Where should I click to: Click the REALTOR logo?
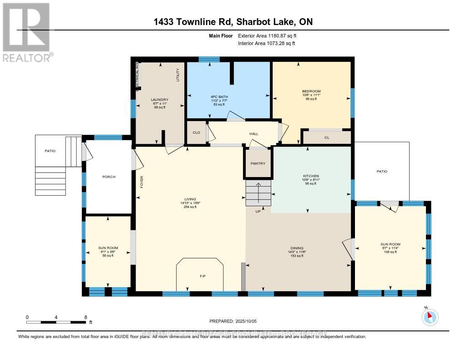pyautogui.click(x=27, y=32)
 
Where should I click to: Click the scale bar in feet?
pyautogui.click(x=56, y=322)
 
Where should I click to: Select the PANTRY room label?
pyautogui.click(x=258, y=164)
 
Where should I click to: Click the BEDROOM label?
pyautogui.click(x=311, y=91)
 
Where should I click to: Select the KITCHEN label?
pyautogui.click(x=311, y=176)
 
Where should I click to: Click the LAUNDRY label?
pyautogui.click(x=160, y=100)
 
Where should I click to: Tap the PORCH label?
pyautogui.click(x=109, y=177)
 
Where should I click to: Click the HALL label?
pyautogui.click(x=253, y=134)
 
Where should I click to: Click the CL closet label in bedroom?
pyautogui.click(x=327, y=137)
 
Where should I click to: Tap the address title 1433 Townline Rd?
pyautogui.click(x=233, y=22)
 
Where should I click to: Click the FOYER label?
pyautogui.click(x=142, y=182)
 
